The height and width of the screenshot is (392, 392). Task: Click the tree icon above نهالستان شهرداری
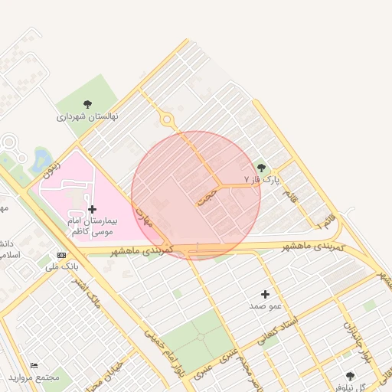click(x=87, y=104)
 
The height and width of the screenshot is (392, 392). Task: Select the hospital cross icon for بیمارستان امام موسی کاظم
click(x=92, y=208)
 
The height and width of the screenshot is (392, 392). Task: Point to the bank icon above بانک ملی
click(x=61, y=255)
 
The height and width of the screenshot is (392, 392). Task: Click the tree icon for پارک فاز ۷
click(x=261, y=168)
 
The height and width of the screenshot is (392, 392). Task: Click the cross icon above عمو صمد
click(x=266, y=293)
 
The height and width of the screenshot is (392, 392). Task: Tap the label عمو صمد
click(x=266, y=305)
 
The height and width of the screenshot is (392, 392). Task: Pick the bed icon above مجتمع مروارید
click(x=33, y=367)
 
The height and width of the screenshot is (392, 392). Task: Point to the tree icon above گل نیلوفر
click(x=350, y=375)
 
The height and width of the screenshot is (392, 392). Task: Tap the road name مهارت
click(x=144, y=215)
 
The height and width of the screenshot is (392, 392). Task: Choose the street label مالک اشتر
click(x=90, y=292)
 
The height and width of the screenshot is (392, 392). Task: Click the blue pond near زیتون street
click(x=40, y=160)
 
